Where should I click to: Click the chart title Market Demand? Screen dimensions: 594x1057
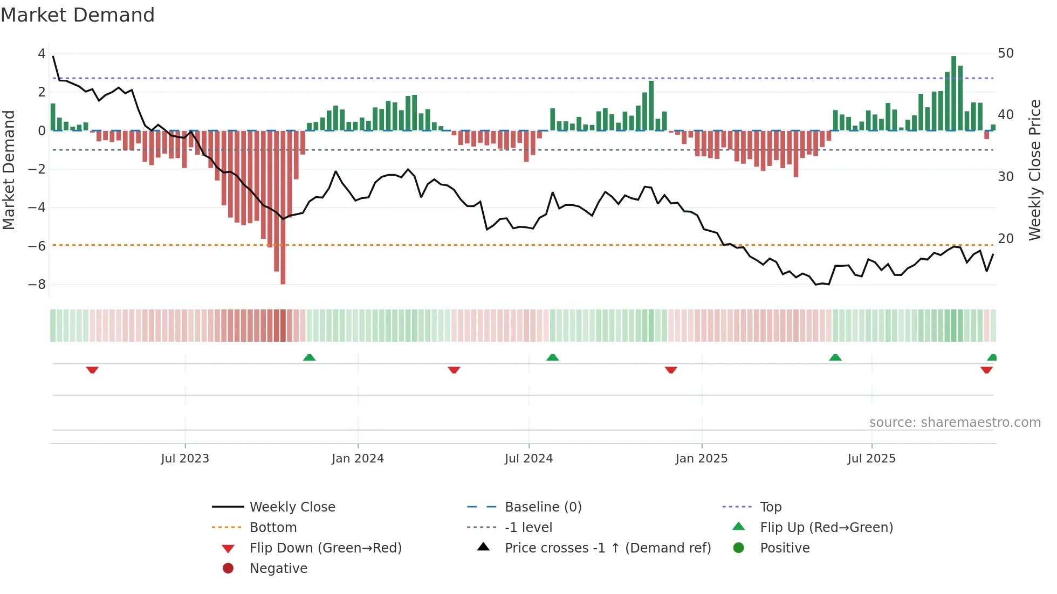[x=78, y=15]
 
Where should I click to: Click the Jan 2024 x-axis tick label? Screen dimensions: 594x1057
[x=358, y=459]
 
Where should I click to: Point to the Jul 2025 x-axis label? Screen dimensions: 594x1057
[x=871, y=459]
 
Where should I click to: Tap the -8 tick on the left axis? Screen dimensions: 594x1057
[x=37, y=285]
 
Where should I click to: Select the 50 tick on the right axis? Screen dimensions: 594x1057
[x=1006, y=53]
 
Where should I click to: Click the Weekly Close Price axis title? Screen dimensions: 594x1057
[x=1034, y=170]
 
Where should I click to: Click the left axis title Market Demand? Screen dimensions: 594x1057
[x=9, y=170]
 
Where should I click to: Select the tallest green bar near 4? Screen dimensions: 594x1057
[x=953, y=93]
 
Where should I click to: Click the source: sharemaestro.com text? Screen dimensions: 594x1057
[x=955, y=423]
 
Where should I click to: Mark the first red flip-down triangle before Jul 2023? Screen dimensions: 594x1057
[x=92, y=370]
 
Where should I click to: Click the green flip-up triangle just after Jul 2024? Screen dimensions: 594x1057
[x=552, y=357]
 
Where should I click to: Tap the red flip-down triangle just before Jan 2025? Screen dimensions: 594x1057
[x=671, y=370]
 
